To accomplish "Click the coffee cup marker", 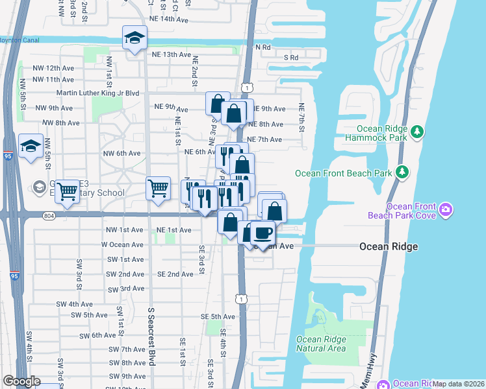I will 262,231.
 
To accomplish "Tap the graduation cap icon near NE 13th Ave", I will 135,39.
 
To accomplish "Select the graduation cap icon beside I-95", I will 31,147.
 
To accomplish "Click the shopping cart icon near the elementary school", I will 67,191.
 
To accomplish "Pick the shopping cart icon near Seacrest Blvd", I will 158,189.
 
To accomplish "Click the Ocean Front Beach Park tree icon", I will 403,172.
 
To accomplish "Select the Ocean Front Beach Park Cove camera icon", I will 446,209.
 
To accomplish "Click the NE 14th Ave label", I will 170,20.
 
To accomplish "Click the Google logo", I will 22,381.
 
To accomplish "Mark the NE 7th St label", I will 301,117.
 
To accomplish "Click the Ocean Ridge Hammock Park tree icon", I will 416,133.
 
